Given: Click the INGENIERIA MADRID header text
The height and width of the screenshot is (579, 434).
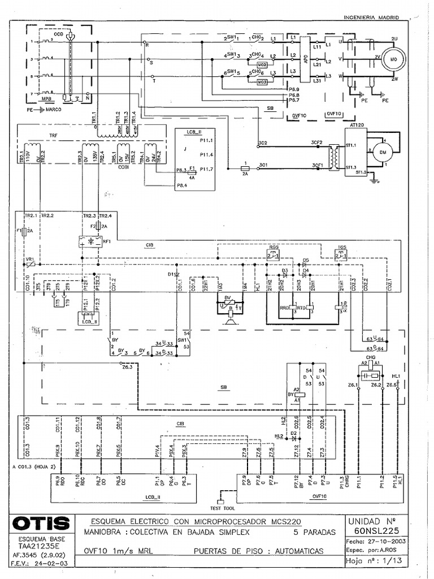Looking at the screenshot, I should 371,18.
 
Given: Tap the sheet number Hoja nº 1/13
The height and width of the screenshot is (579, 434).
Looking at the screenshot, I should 374,561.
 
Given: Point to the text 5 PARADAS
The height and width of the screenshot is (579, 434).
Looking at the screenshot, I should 314,532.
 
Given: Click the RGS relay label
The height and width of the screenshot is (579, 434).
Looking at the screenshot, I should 273,248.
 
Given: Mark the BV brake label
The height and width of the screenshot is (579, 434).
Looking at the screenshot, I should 227,298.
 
